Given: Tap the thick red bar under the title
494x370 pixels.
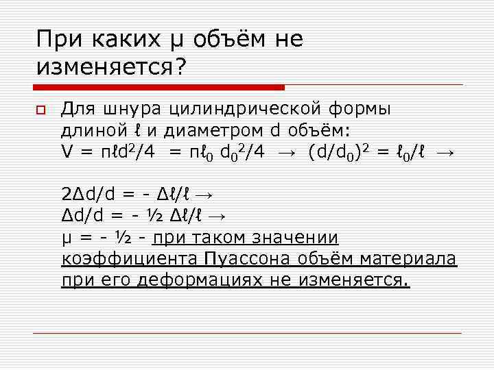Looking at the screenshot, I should click(159, 87).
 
